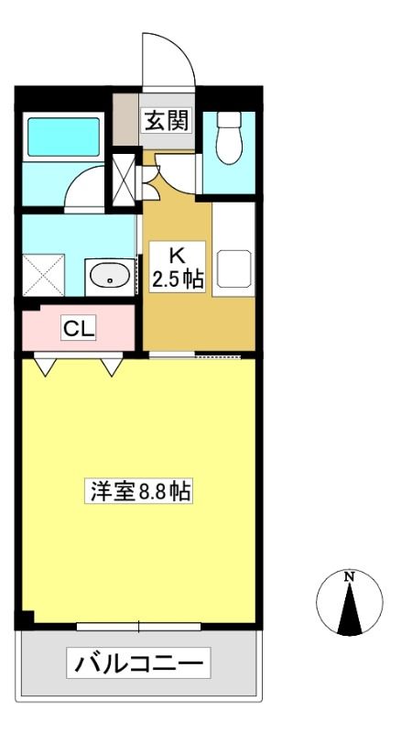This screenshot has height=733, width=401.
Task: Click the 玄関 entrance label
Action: point(168,120)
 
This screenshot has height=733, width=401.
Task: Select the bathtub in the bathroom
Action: point(63,137)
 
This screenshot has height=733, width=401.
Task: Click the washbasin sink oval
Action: point(110,277)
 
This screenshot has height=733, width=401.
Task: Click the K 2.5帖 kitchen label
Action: point(177,267)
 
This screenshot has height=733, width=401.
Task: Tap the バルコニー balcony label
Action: point(138,662)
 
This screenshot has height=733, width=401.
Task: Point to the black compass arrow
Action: point(350,607)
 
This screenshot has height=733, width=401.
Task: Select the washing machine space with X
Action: point(43,275)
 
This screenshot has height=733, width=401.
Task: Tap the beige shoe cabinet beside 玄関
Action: point(125,120)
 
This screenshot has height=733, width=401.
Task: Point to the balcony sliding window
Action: point(139,627)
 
